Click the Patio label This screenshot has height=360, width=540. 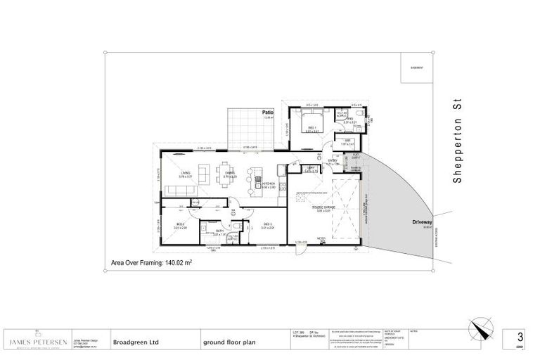click(x=268, y=112)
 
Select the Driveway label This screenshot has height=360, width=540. click(x=422, y=221)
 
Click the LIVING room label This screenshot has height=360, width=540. click(x=185, y=172)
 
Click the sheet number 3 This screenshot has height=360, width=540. click(x=521, y=337)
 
